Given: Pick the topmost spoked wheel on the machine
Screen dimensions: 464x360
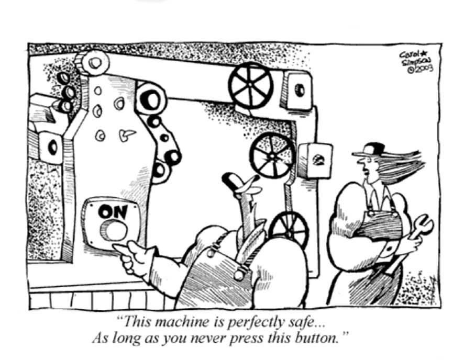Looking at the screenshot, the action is coord(250,85).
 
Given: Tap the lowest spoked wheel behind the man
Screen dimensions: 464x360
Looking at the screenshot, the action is coord(290,229).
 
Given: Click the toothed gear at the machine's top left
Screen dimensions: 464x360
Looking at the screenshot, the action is coord(92,63).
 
